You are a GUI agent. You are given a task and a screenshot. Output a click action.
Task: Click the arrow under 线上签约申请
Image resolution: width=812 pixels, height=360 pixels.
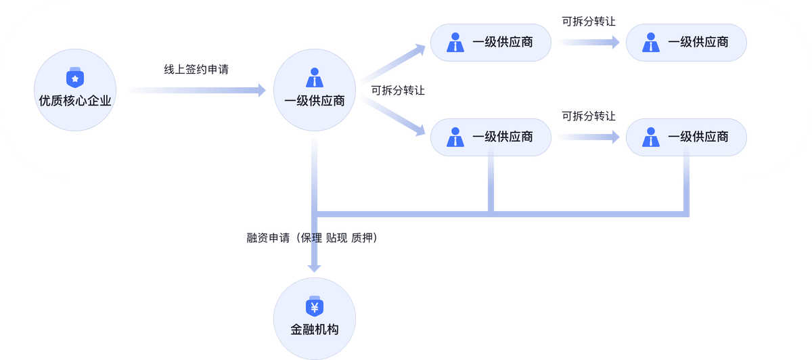[x=196, y=90]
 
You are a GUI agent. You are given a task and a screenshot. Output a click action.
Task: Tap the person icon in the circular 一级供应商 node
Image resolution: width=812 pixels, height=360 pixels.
[x=315, y=78]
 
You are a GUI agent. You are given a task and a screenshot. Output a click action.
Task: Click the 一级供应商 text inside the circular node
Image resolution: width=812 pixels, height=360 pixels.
[x=315, y=101]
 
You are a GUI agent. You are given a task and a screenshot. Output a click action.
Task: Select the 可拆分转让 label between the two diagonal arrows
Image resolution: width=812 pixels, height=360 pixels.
[x=398, y=90]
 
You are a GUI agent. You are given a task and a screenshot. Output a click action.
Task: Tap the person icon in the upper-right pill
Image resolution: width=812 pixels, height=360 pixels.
[x=651, y=42]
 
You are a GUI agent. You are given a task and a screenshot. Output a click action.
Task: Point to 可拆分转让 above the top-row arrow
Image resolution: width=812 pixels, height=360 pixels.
[x=588, y=21]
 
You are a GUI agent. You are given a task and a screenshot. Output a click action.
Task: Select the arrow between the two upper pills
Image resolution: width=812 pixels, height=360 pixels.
[x=589, y=42]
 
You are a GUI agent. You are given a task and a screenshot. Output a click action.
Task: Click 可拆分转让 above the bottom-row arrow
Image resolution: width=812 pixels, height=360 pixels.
[x=588, y=116]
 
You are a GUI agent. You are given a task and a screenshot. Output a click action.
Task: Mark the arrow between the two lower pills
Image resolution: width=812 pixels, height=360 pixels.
[x=589, y=137]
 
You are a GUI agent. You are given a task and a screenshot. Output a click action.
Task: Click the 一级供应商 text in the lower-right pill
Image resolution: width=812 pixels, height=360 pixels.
[x=698, y=137]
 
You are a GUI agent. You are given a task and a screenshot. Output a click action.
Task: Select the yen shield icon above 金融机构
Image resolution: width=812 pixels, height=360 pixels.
[x=314, y=307]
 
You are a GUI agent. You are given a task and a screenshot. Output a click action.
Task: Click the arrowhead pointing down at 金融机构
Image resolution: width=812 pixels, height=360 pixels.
[x=314, y=267]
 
